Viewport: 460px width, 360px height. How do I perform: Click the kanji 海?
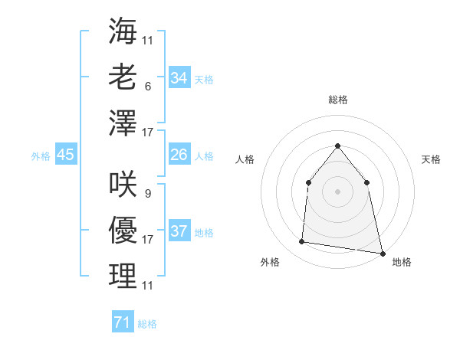(x=123, y=31)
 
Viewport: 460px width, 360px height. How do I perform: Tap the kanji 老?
(x=123, y=77)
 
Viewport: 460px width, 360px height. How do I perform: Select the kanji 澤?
(x=123, y=123)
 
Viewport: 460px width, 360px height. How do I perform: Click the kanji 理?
(x=123, y=276)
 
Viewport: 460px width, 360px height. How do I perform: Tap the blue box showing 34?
(x=179, y=77)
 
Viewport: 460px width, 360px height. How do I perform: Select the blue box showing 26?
(x=179, y=155)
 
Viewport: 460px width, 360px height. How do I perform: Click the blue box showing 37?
(x=179, y=231)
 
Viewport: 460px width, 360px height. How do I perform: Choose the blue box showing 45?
(x=65, y=155)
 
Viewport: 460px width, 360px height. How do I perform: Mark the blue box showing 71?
(x=122, y=322)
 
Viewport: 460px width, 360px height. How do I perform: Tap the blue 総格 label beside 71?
(x=147, y=324)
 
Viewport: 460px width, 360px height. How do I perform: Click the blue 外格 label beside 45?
(x=41, y=155)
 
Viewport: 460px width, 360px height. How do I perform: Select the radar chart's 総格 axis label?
(x=337, y=100)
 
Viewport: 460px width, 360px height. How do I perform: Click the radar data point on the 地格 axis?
(x=382, y=252)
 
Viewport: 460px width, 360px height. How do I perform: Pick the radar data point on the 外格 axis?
(x=302, y=242)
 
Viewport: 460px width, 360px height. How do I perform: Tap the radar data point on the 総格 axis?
(x=337, y=146)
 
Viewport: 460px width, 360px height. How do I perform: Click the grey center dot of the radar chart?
(x=337, y=191)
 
